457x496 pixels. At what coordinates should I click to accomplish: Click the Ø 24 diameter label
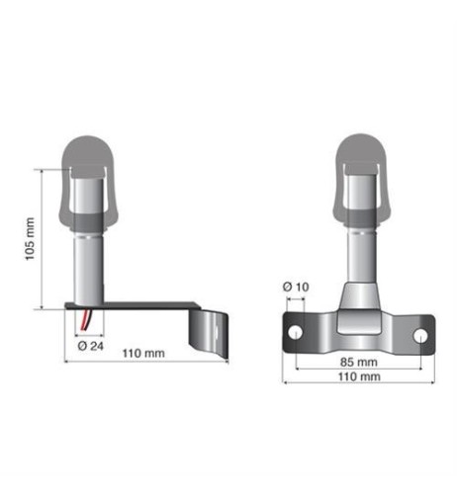click(92, 346)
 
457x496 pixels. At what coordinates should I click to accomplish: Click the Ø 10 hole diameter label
click(296, 287)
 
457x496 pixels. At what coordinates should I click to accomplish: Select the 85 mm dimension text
click(358, 362)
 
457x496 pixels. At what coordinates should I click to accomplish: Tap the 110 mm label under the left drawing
click(145, 354)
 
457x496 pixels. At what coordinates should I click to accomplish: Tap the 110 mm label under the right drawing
click(359, 376)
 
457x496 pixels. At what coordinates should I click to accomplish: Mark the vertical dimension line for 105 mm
click(43, 238)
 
